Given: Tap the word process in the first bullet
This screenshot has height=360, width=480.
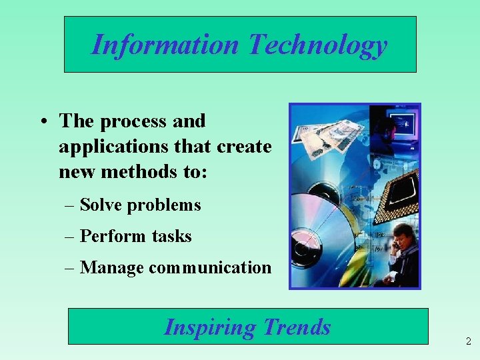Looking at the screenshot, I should click(x=132, y=121).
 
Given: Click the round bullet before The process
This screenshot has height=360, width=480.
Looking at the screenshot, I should click(x=42, y=122).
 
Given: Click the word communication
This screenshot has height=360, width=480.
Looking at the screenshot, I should click(x=210, y=268).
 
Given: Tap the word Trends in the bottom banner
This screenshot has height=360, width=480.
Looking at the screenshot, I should click(x=297, y=327).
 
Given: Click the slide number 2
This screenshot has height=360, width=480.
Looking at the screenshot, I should click(x=468, y=342).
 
